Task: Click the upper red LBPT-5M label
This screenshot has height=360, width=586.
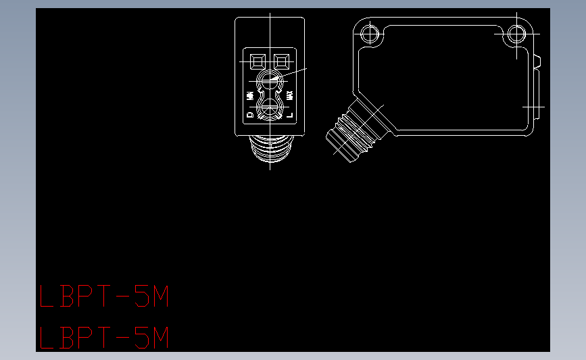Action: (103, 297)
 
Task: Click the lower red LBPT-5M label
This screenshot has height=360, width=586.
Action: (103, 338)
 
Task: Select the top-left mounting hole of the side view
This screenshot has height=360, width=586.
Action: (369, 33)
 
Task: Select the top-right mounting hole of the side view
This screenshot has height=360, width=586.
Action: (517, 33)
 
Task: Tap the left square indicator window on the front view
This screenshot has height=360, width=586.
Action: (257, 61)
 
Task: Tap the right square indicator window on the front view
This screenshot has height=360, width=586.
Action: (282, 61)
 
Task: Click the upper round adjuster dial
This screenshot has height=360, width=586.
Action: (270, 82)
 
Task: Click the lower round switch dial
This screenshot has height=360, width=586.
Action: (270, 108)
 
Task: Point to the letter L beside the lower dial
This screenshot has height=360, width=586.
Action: (290, 115)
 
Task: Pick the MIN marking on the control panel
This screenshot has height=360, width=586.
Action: (250, 95)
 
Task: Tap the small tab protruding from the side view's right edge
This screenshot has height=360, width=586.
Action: (538, 61)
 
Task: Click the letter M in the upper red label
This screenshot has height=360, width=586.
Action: (159, 297)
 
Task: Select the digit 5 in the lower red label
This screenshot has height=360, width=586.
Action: (143, 338)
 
